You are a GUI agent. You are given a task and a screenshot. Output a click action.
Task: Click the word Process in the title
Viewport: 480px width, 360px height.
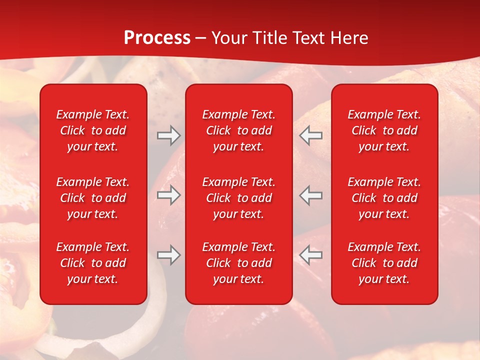(x=157, y=38)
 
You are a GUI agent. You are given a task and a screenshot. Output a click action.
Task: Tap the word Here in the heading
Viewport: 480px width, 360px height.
(x=348, y=38)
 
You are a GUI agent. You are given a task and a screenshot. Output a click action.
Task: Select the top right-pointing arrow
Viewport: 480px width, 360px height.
(x=168, y=135)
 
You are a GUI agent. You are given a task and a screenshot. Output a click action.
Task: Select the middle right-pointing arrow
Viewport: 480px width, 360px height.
(x=168, y=195)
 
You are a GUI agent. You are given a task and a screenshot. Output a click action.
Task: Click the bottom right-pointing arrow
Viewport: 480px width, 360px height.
(x=168, y=255)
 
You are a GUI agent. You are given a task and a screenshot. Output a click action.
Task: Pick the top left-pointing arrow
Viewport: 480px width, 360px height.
(x=311, y=135)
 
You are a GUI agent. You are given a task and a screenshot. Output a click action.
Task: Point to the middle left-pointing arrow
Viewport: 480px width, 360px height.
(x=311, y=195)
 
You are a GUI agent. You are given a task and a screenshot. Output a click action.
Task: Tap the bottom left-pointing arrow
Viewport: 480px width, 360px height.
(x=311, y=255)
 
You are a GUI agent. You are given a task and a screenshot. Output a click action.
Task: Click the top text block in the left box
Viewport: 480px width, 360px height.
(x=93, y=130)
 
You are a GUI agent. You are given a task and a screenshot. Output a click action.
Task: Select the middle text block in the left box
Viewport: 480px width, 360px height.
(x=93, y=198)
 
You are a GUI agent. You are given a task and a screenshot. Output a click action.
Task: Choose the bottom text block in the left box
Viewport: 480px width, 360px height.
(x=93, y=263)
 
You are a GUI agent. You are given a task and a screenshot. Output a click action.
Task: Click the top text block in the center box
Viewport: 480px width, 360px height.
(x=239, y=130)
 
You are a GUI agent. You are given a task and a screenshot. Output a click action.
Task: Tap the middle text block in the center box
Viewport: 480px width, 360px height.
(x=239, y=198)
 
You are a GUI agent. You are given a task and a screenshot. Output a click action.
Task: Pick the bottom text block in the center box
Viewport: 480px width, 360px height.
(x=239, y=263)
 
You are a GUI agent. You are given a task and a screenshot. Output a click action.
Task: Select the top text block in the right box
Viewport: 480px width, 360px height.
(x=384, y=130)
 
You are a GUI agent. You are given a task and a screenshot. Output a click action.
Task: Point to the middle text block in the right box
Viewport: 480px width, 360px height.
(x=384, y=198)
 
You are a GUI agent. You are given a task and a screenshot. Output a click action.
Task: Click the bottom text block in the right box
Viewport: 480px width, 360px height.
(x=384, y=263)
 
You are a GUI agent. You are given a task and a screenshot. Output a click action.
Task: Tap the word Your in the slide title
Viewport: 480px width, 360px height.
(x=229, y=38)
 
